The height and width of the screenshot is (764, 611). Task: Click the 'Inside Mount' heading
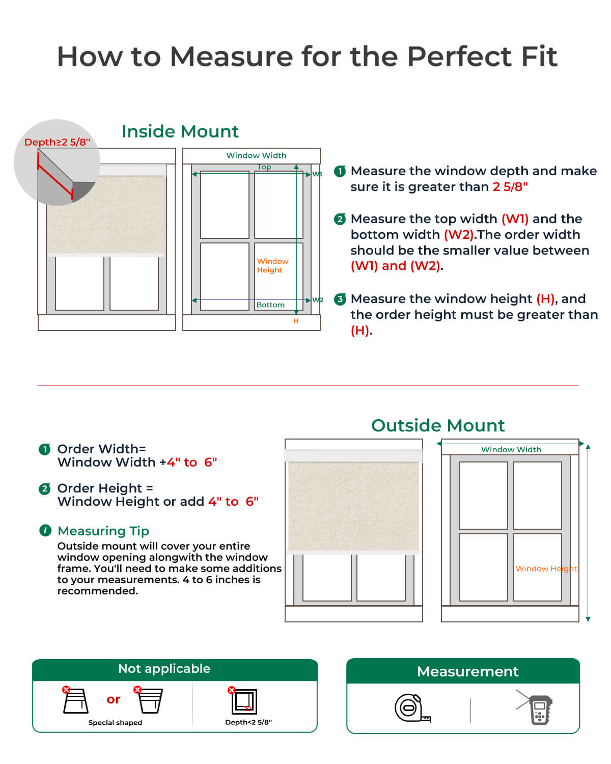click(180, 131)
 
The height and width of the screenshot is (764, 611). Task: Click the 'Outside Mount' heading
click(438, 425)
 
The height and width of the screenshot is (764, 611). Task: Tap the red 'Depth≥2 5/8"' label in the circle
click(57, 142)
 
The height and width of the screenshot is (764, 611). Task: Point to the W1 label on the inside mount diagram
click(317, 174)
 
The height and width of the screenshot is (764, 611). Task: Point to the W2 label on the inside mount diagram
click(318, 300)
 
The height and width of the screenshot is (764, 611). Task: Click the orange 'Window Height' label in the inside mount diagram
click(272, 265)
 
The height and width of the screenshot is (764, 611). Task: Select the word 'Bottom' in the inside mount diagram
click(270, 305)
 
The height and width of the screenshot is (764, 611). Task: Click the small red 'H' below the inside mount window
click(296, 321)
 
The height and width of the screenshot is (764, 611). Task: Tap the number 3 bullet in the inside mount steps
click(340, 299)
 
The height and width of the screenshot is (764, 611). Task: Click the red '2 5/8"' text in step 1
click(510, 187)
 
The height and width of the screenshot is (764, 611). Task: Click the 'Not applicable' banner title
click(164, 669)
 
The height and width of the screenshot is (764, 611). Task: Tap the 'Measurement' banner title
click(467, 671)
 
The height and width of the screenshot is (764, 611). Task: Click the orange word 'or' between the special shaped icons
click(114, 699)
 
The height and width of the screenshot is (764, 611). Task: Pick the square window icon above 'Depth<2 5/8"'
click(244, 702)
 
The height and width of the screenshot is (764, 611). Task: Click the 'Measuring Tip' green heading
click(103, 531)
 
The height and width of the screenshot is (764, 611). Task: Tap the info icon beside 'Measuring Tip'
click(45, 530)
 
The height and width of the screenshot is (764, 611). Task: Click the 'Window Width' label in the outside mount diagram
click(511, 449)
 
